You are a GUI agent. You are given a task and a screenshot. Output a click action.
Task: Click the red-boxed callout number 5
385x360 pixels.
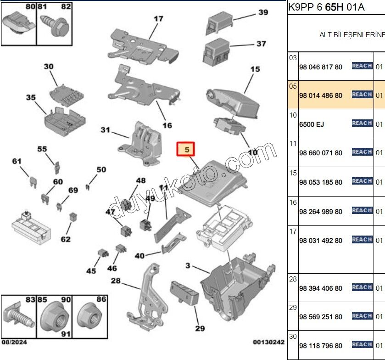point(186,149)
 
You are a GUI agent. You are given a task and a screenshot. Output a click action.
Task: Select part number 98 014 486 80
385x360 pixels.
point(320,96)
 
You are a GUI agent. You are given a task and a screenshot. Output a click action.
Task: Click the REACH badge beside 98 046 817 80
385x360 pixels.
point(362,66)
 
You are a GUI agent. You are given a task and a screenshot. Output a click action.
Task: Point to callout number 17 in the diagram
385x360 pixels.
point(158,19)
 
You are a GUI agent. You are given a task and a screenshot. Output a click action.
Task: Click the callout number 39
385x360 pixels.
point(263,12)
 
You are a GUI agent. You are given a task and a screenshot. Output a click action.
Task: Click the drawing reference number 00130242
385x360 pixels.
point(268,342)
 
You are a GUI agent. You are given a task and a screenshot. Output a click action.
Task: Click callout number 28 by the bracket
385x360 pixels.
point(115,281)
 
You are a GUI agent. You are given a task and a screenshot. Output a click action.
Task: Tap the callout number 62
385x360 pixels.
point(66,239)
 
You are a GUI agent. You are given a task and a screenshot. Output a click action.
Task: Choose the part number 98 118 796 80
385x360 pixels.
point(320,346)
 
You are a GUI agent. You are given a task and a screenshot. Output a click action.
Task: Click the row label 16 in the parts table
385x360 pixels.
point(293,202)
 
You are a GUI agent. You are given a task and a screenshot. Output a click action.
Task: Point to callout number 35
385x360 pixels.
point(31,98)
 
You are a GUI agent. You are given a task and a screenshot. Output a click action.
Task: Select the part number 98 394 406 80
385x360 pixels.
point(320,288)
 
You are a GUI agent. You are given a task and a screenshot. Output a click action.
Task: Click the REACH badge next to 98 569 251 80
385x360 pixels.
point(362,316)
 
